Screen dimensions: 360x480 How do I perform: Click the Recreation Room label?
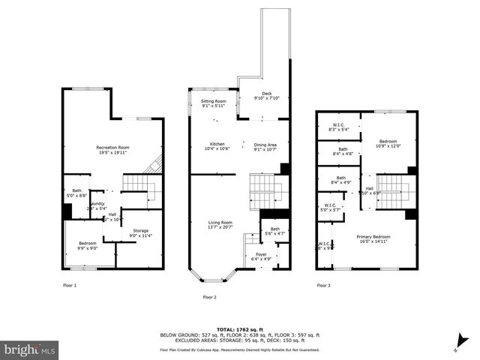(x=112, y=149)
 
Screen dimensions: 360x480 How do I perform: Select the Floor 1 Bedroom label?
(x=88, y=245)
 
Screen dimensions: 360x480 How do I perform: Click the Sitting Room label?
(x=214, y=103)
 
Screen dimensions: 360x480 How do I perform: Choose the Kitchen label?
(x=217, y=145)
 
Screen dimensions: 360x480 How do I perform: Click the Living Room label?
(x=220, y=224)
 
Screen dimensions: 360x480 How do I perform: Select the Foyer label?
(x=261, y=256)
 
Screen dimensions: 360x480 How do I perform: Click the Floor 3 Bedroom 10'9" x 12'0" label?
(x=388, y=143)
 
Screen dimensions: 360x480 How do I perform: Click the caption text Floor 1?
(x=70, y=286)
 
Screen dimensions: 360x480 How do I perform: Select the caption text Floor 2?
(x=209, y=297)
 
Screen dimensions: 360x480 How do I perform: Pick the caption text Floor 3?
(x=323, y=286)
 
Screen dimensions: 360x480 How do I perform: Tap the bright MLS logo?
(x=30, y=349)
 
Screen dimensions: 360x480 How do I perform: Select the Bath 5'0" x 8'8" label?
(x=76, y=193)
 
